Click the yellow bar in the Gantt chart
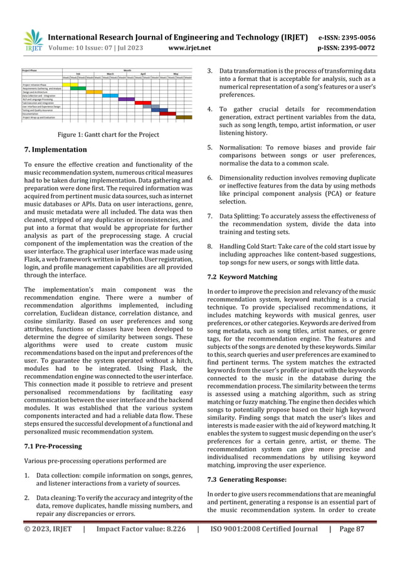[70, 84]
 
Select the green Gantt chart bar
[78, 88]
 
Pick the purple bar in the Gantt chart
[127, 99]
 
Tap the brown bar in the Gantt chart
[184, 117]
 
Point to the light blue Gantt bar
[110, 95]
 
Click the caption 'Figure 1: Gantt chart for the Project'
[108, 135]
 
